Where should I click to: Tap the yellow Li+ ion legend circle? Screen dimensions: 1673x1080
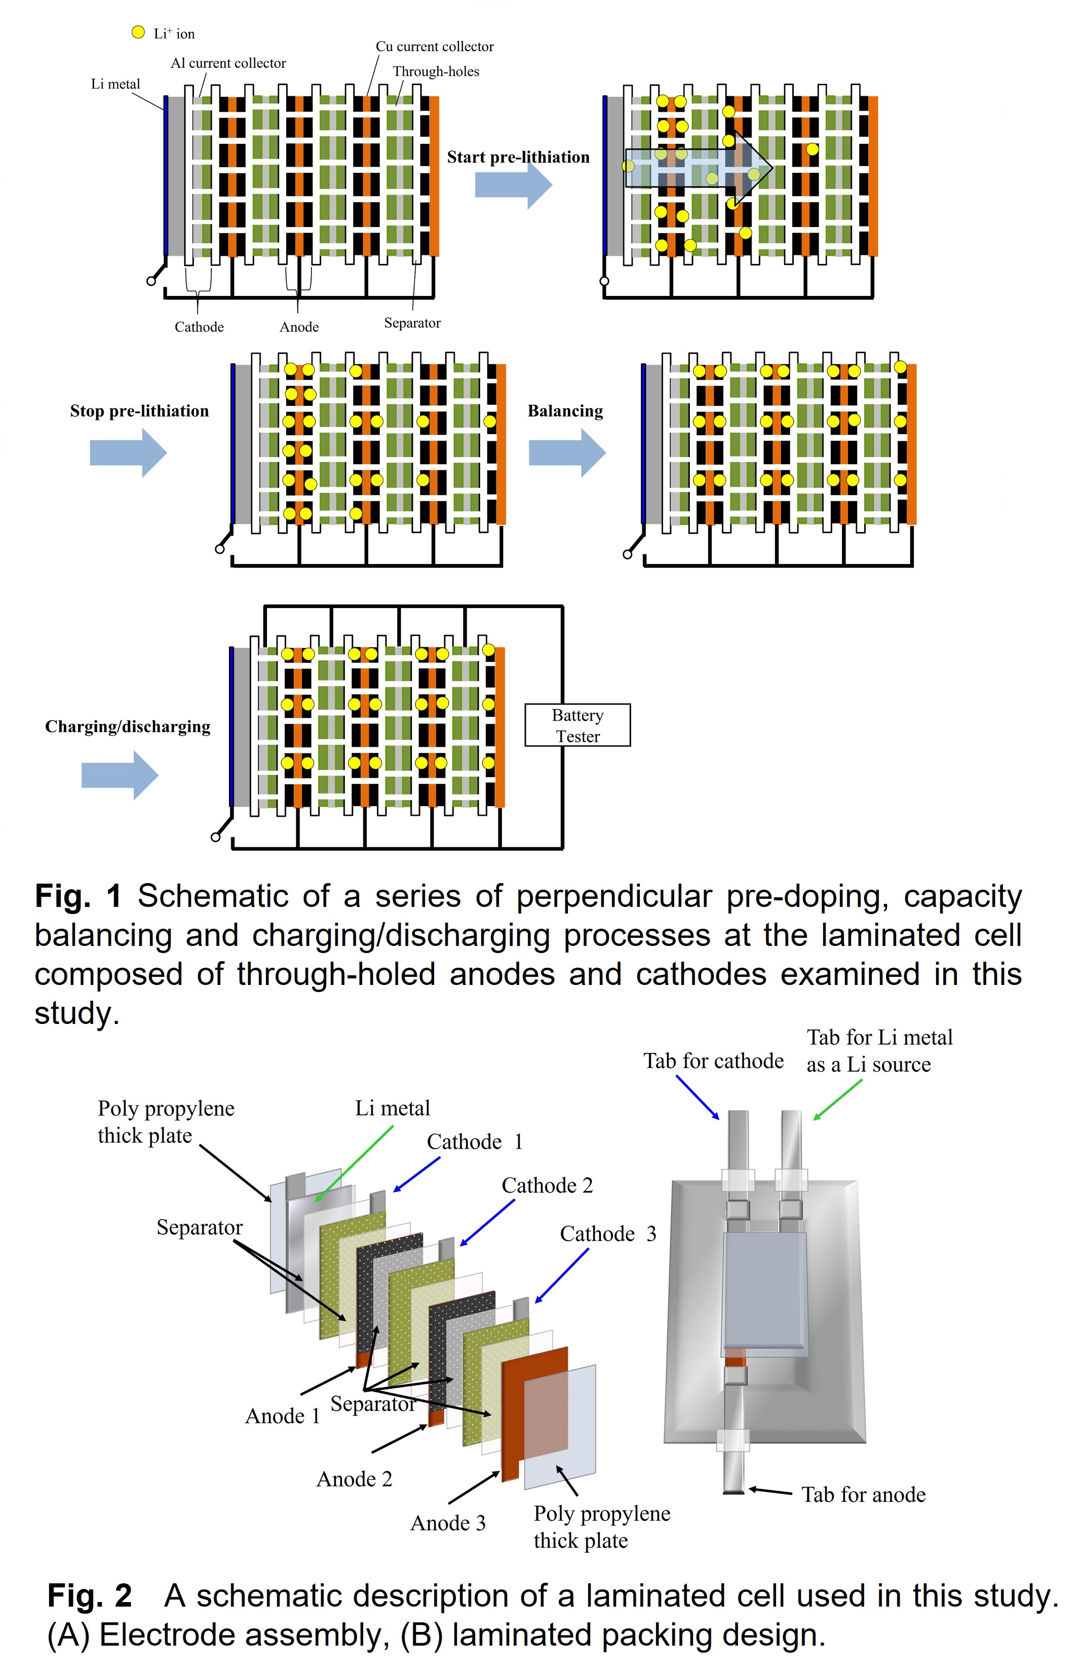click(138, 32)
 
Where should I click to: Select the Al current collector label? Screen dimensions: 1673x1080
click(228, 63)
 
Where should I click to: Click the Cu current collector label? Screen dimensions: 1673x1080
click(434, 46)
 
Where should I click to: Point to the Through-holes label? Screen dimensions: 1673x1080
click(436, 71)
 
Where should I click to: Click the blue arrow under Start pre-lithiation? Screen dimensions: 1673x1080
click(513, 184)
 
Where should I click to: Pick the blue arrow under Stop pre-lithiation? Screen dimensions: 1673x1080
click(128, 452)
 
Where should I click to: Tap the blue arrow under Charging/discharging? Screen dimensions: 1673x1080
click(119, 774)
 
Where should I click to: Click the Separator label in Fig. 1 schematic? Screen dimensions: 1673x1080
click(412, 323)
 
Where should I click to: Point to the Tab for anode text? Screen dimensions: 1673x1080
click(863, 1494)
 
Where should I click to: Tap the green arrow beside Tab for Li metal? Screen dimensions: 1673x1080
click(837, 1099)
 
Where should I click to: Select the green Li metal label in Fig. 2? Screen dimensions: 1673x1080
click(392, 1108)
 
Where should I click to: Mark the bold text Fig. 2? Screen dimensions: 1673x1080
click(89, 1595)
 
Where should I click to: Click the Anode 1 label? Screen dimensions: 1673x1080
click(282, 1416)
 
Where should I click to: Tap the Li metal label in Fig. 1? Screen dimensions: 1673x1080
click(115, 84)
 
